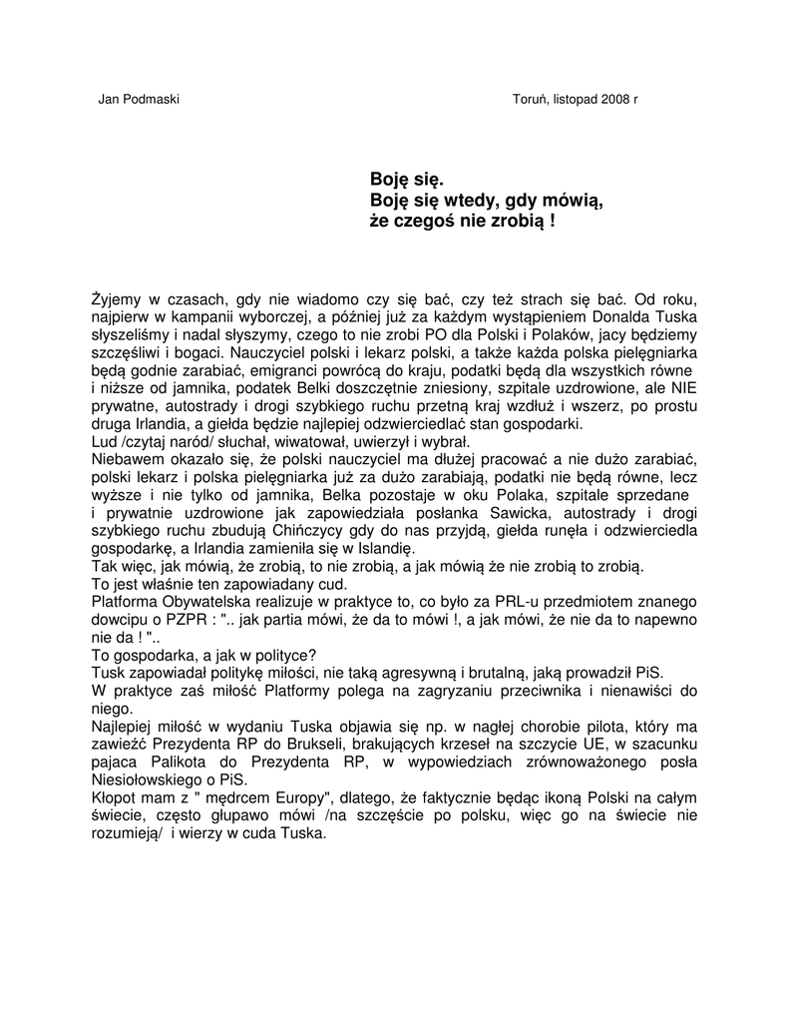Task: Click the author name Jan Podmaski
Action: [x=139, y=100]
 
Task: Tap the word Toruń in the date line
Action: [x=530, y=100]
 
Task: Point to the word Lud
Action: [x=104, y=442]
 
